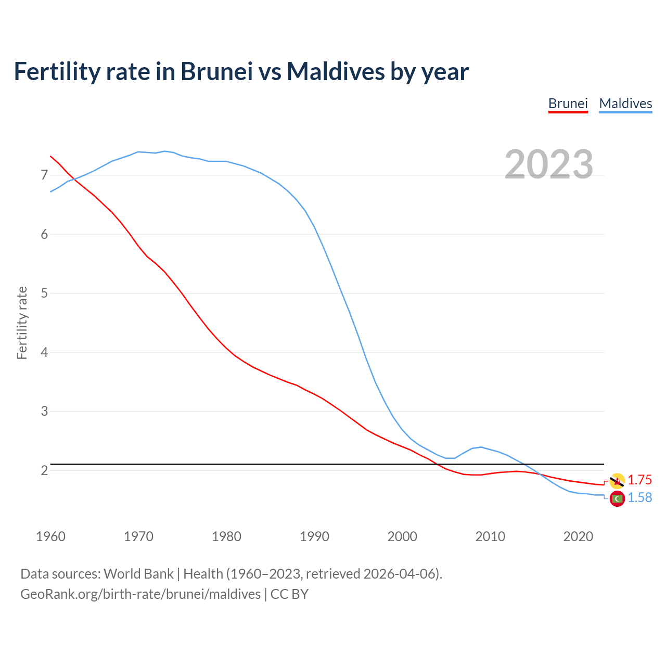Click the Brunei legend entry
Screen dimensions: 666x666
click(x=568, y=104)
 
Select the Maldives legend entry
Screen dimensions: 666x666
click(x=625, y=104)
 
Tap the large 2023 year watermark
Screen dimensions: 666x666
click(x=548, y=164)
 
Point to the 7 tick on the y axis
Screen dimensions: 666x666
click(x=44, y=175)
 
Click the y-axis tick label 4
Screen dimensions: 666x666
click(x=44, y=352)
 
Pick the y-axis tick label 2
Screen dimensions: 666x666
click(x=44, y=470)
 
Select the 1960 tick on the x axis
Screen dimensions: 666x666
click(x=50, y=536)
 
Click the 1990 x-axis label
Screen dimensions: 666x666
click(x=314, y=536)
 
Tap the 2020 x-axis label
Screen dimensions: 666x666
click(x=578, y=536)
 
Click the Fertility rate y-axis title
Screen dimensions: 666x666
click(x=22, y=323)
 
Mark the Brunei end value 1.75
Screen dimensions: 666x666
click(x=639, y=480)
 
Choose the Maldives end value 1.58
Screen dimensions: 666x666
click(x=639, y=498)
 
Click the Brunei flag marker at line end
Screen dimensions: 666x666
click(x=617, y=481)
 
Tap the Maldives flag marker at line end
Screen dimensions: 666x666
click(x=617, y=498)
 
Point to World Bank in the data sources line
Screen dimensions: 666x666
click(x=138, y=574)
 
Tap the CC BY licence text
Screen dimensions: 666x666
click(x=289, y=594)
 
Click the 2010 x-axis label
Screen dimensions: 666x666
click(x=490, y=536)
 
